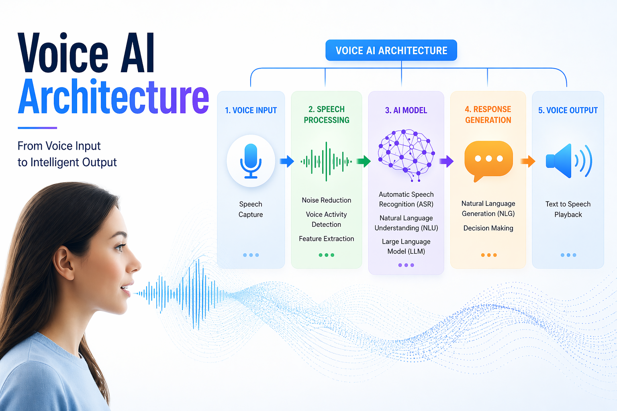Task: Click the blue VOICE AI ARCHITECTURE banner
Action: click(391, 51)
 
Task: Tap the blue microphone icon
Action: click(251, 161)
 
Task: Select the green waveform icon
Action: click(326, 161)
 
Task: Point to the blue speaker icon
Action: click(568, 161)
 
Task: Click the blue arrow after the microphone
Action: click(287, 161)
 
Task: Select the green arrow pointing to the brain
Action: click(364, 161)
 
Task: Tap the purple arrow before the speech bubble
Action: click(446, 161)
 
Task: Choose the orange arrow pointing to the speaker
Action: click(528, 161)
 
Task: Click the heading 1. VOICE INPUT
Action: click(251, 110)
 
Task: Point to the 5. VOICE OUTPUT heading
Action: click(568, 110)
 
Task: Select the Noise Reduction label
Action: click(327, 200)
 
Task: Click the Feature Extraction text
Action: click(327, 239)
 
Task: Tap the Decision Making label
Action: click(488, 228)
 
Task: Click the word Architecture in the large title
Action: click(114, 98)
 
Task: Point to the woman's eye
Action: click(119, 248)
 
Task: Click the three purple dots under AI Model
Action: click(406, 265)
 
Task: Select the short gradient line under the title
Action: click(37, 128)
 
